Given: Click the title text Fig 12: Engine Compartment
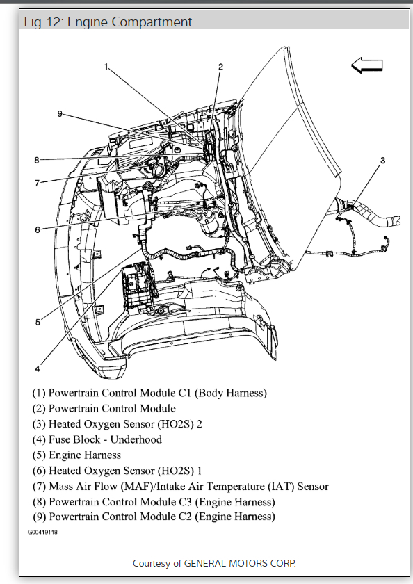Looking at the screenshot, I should pyautogui.click(x=108, y=22).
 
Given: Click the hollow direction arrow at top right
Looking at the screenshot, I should pyautogui.click(x=367, y=66).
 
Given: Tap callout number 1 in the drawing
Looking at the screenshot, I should pyautogui.click(x=106, y=67).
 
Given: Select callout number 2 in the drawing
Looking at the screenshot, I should pyautogui.click(x=220, y=67).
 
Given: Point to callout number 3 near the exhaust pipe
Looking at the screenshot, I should pyautogui.click(x=382, y=161).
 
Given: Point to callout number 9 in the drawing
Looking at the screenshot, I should pyautogui.click(x=60, y=113).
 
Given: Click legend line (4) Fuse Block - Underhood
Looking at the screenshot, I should pyautogui.click(x=97, y=439).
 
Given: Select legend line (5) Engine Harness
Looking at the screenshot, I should pyautogui.click(x=76, y=455).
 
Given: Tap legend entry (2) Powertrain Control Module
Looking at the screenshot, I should pyautogui.click(x=104, y=408).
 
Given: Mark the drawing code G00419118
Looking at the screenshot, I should pyautogui.click(x=43, y=532).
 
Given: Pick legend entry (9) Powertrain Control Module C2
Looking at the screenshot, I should pyautogui.click(x=153, y=517).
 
